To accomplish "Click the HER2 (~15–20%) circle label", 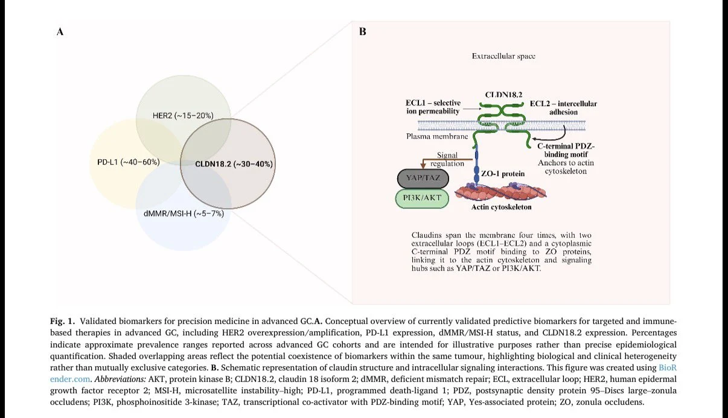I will (x=183, y=115).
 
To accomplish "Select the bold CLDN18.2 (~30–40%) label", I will (x=234, y=163).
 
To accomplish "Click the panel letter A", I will (x=60, y=32).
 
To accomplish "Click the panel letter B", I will (x=362, y=32).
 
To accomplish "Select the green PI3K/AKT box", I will (x=422, y=198).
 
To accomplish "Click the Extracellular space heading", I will (x=503, y=56).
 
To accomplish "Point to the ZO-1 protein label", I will (x=502, y=173).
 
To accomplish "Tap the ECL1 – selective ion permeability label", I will (x=433, y=107).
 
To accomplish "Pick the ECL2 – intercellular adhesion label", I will (x=563, y=107).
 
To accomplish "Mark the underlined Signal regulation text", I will (x=447, y=160).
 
